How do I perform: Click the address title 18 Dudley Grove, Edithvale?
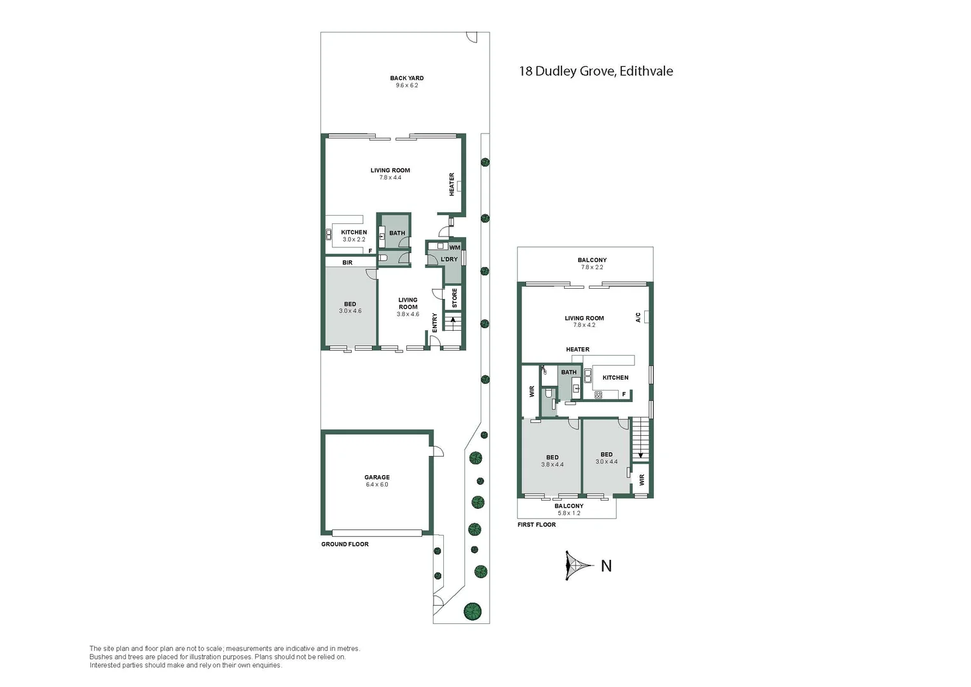[x=596, y=71]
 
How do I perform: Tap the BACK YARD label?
[x=406, y=78]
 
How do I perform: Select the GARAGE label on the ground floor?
[x=377, y=477]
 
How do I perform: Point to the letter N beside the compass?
[x=606, y=566]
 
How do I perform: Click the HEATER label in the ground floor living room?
[x=452, y=184]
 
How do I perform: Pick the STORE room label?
[x=455, y=298]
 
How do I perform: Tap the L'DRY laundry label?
[x=449, y=260]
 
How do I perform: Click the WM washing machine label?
[x=455, y=247]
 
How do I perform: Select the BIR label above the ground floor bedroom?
[x=347, y=263]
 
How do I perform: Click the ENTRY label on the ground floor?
[x=435, y=323]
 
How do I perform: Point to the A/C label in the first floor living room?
[x=638, y=317]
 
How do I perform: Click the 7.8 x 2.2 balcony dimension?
[x=592, y=267]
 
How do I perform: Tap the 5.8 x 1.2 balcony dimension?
[x=568, y=513]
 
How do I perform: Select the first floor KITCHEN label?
[x=615, y=378]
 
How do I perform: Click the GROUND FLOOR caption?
[x=345, y=545]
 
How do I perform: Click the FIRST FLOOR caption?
[x=536, y=525]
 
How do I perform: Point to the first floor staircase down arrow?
[x=640, y=454]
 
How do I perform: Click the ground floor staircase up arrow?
[x=453, y=320]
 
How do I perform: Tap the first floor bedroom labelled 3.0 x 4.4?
[x=606, y=458]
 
